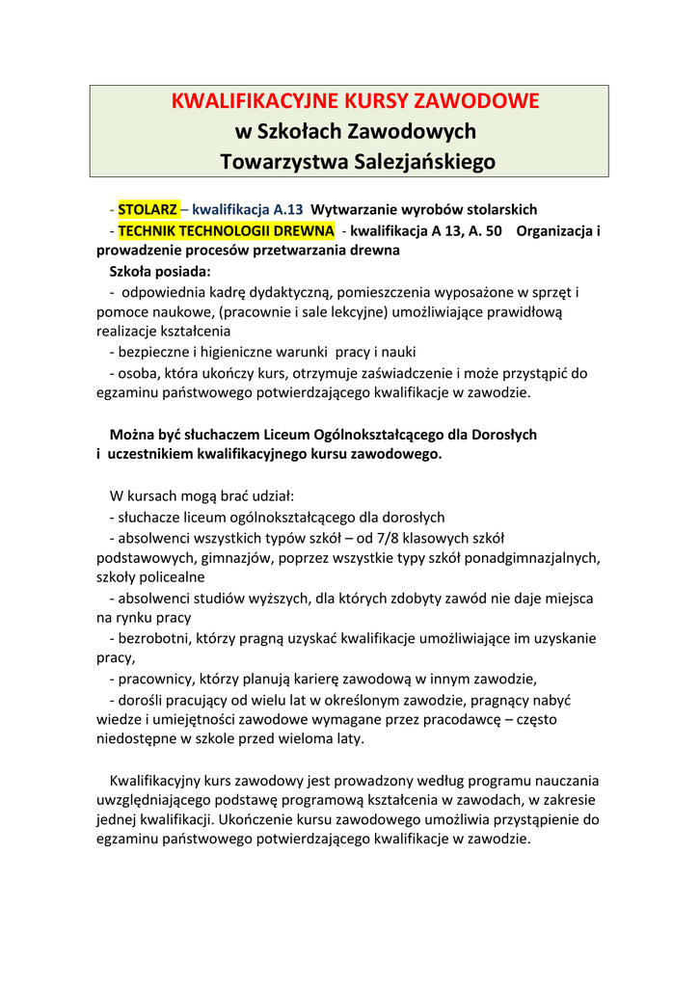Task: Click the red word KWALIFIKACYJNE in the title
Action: pos(240,101)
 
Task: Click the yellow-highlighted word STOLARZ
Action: pos(148,209)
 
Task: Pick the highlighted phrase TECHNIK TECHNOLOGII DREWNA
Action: pos(227,230)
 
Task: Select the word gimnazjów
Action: pos(216,557)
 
